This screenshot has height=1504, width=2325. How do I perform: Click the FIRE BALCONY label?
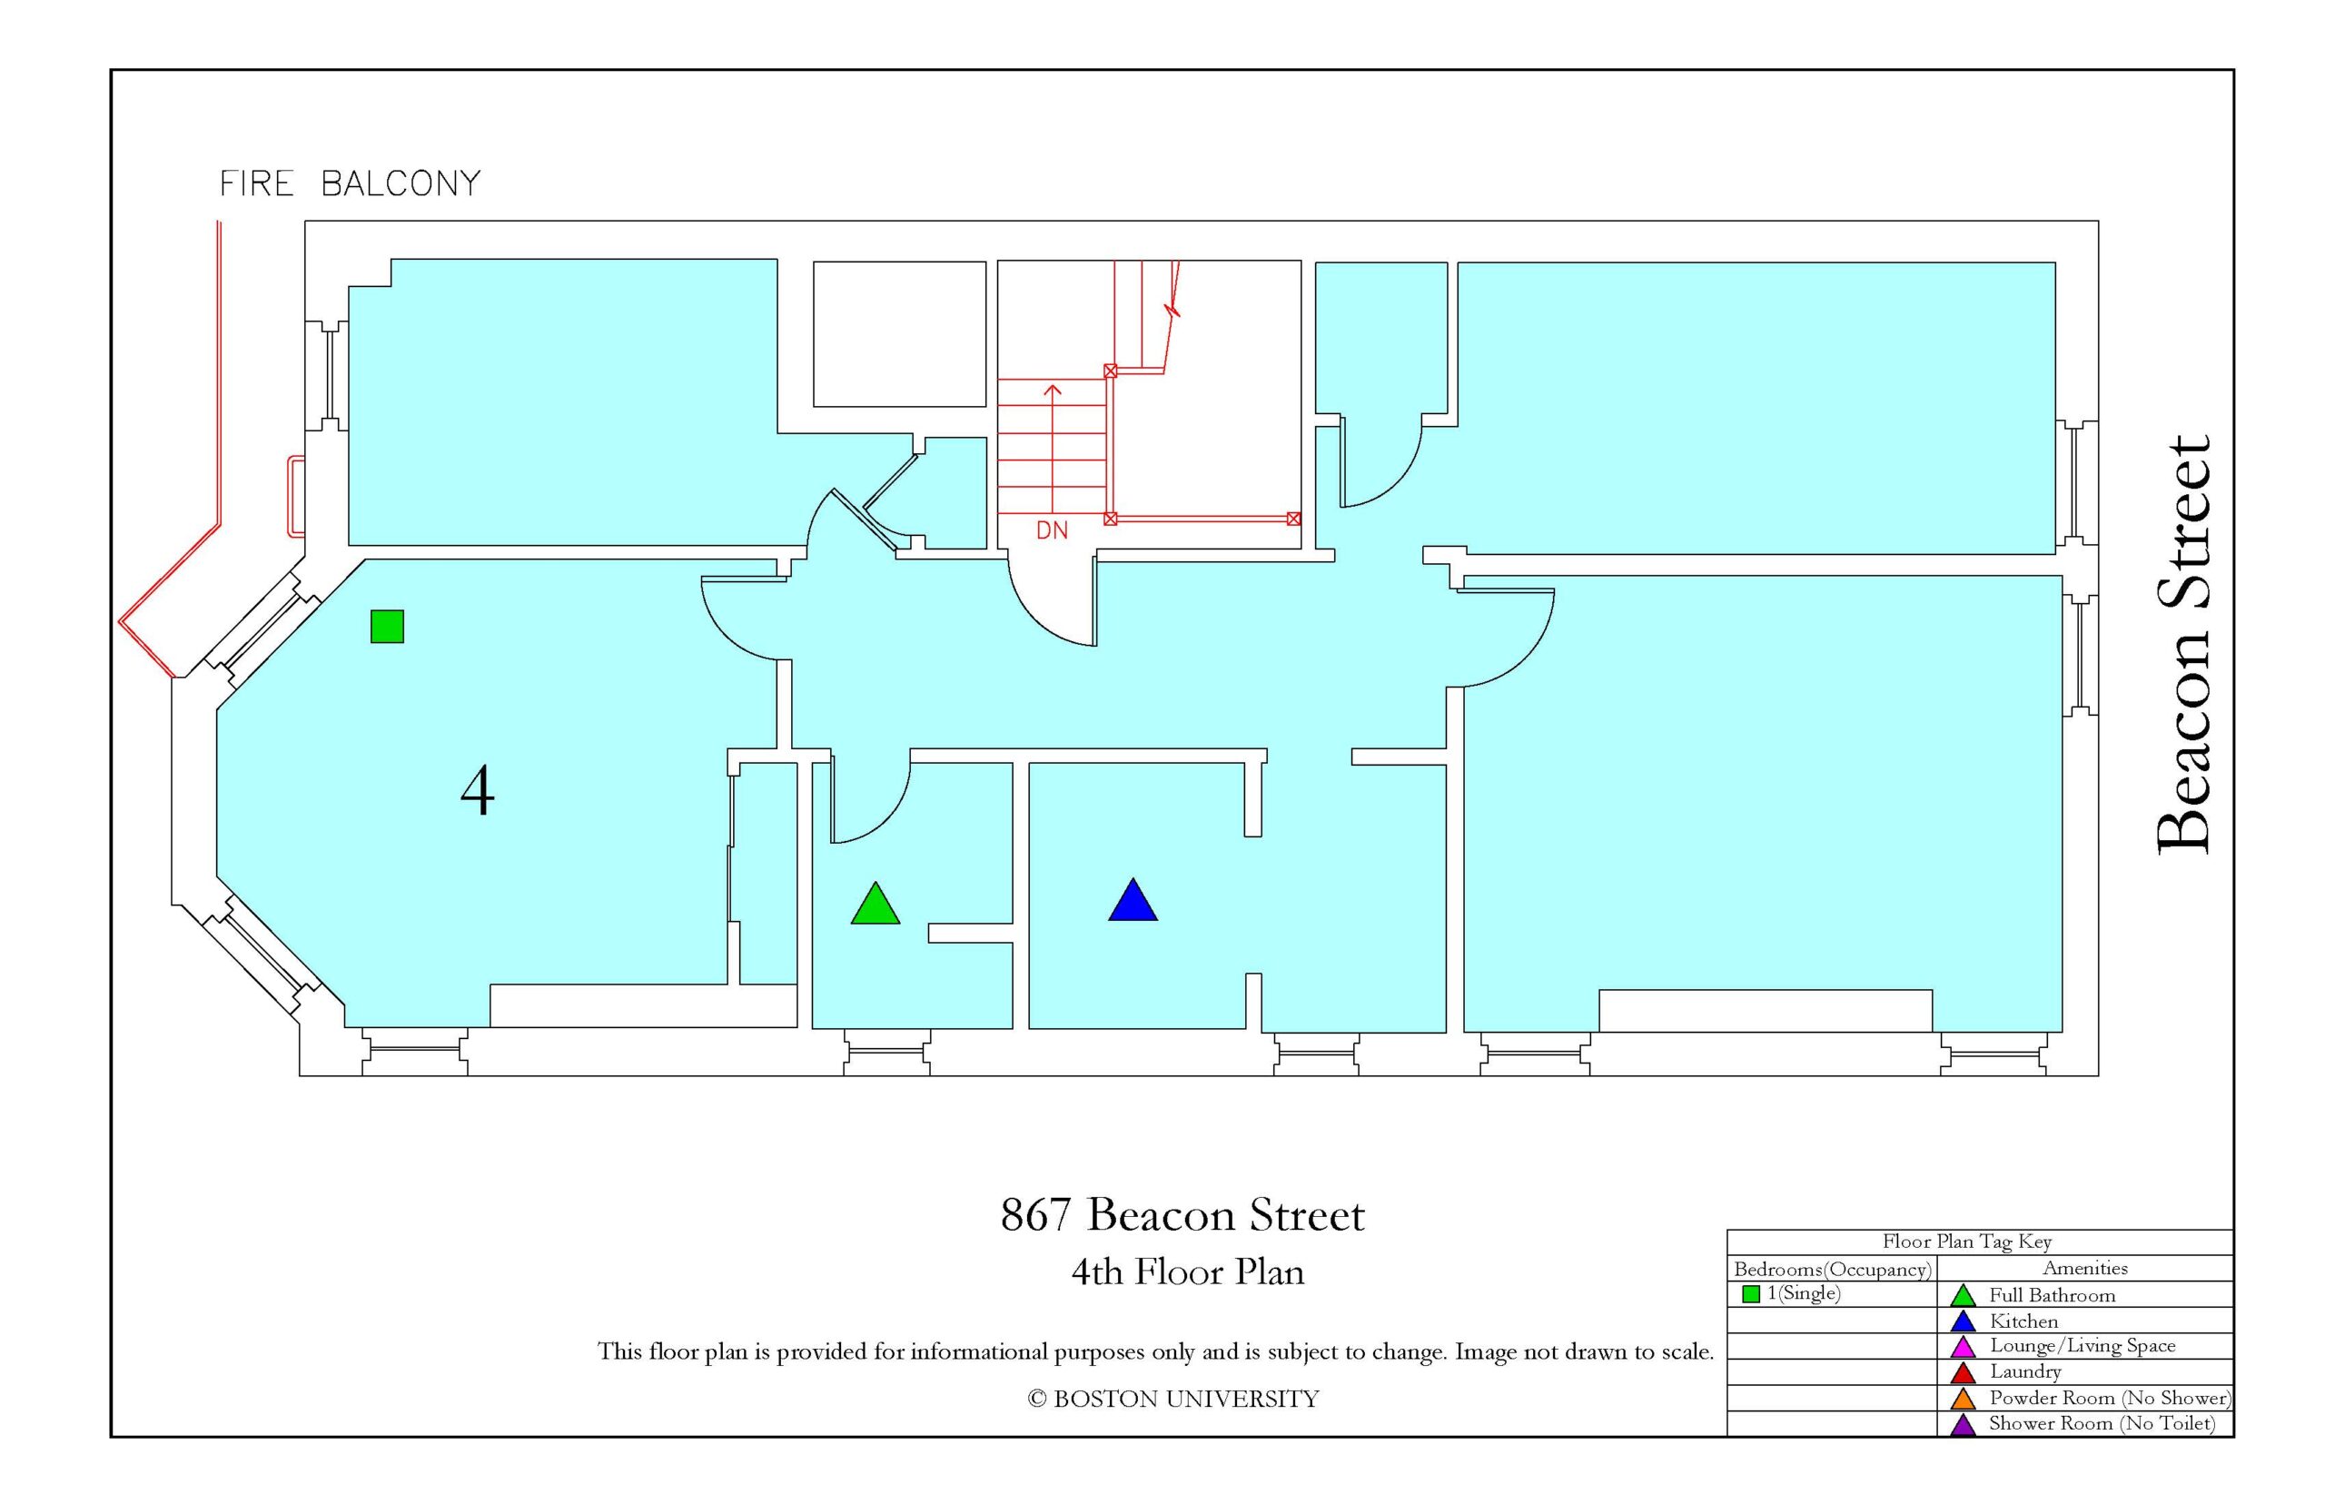(350, 183)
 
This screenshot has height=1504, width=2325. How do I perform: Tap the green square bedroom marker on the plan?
(387, 626)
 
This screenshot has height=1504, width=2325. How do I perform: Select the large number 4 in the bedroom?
(477, 791)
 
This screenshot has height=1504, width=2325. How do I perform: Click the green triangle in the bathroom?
(875, 905)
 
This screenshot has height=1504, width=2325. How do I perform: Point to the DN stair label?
(1052, 530)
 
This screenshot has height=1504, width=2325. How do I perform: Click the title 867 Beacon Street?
(1182, 1215)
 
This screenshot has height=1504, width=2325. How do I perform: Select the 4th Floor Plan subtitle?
(1187, 1271)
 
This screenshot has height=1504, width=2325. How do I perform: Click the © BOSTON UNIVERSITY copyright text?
(1172, 1400)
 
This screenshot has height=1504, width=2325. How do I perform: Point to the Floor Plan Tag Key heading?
(1966, 1242)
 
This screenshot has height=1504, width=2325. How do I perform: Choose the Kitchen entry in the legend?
(2023, 1321)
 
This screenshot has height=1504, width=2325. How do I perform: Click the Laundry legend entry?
(2024, 1371)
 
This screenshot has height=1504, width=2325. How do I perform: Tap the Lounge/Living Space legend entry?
(2082, 1346)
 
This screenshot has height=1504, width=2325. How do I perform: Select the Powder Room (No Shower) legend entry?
(2109, 1398)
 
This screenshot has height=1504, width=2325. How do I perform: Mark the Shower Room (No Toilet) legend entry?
(2102, 1423)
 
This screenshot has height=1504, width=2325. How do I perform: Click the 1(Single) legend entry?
(1803, 1293)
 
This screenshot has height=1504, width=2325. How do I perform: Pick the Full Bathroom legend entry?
(2052, 1296)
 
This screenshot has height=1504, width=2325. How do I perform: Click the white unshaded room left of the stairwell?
(899, 334)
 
